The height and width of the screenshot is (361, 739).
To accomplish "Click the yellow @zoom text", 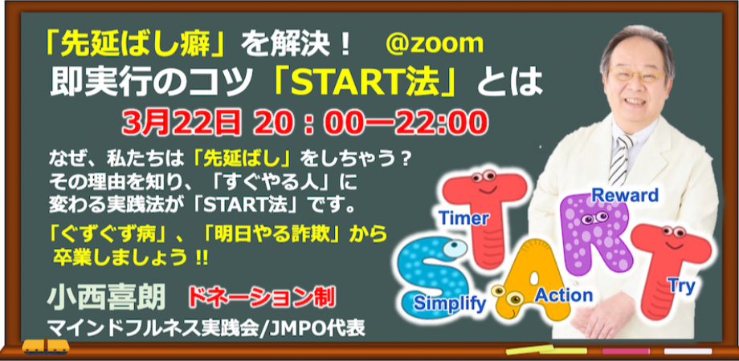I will pyautogui.click(x=435, y=43).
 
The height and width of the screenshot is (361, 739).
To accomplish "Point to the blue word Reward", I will pyautogui.click(x=625, y=194).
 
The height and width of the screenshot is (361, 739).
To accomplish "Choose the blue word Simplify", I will pyautogui.click(x=450, y=303).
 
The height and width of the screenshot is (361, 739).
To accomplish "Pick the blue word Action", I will pyautogui.click(x=563, y=294).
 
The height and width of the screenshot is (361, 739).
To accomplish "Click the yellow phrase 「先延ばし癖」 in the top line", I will pyautogui.click(x=136, y=45).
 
